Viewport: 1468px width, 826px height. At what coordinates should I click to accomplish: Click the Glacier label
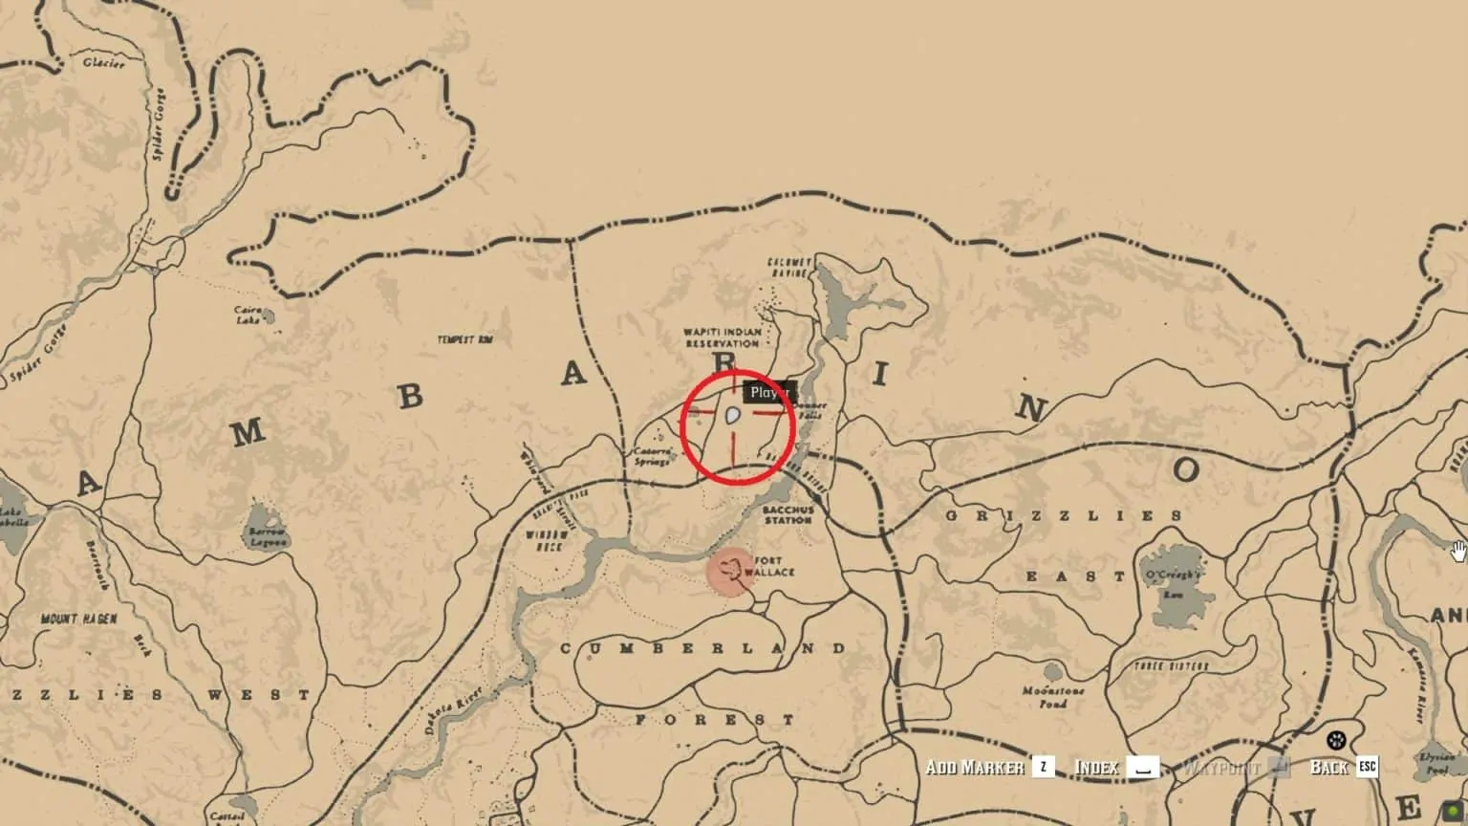(103, 63)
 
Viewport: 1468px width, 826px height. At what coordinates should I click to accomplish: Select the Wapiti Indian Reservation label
(723, 337)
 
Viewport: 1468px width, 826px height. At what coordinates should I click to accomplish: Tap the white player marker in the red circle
(733, 416)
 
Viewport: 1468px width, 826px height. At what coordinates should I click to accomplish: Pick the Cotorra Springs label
(652, 456)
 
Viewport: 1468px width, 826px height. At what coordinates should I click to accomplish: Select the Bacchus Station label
(788, 515)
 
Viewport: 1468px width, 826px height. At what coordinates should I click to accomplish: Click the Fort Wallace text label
(774, 566)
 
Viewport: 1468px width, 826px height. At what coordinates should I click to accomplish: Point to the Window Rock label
(546, 540)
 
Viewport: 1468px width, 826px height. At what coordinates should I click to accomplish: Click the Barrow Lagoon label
(267, 536)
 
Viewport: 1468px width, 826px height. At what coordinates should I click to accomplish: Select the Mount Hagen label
(78, 619)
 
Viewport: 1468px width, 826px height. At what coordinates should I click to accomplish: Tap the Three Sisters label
(1171, 665)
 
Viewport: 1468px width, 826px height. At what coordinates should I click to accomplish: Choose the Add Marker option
(975, 767)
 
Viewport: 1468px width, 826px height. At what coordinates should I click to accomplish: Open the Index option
(1097, 767)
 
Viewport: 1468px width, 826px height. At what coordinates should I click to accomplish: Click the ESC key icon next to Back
(1368, 767)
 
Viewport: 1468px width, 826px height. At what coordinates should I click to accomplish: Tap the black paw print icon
(1336, 740)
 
